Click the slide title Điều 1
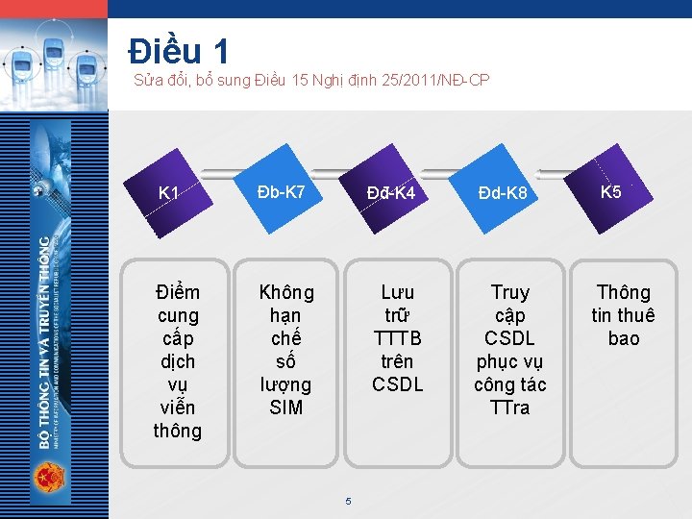coord(179,50)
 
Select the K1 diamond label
coord(169,193)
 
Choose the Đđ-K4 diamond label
coord(391,193)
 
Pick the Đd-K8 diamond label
coord(505,193)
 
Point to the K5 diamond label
coord(611,191)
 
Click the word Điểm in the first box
coord(179,292)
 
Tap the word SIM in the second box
coord(286,408)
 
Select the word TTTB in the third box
coord(398,338)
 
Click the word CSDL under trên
coord(398,384)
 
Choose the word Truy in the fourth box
coord(509,292)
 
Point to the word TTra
coord(509,408)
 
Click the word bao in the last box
coord(624,338)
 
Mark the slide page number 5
coord(348,501)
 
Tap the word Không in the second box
coord(286,292)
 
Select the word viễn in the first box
coord(179,408)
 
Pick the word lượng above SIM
coord(286,384)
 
